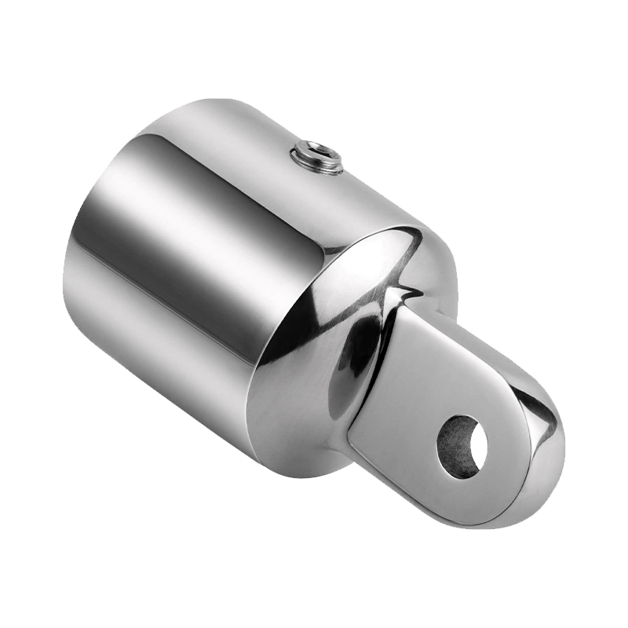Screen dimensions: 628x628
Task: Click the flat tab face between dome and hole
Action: (408, 392)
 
